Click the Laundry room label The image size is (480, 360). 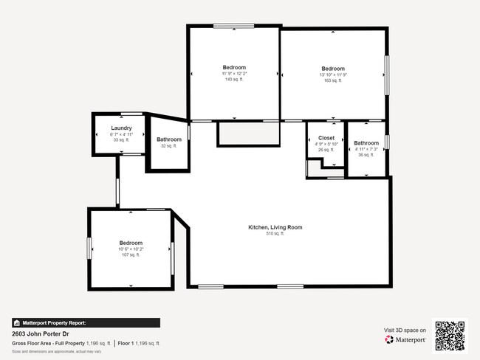(121, 128)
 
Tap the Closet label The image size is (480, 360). (326, 138)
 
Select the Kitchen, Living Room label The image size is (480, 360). (275, 227)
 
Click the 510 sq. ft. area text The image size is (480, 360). (275, 234)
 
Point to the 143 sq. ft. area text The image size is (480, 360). (233, 80)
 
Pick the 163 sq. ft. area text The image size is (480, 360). (332, 80)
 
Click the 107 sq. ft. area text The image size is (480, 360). (131, 255)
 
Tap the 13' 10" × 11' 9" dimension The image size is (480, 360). (332, 75)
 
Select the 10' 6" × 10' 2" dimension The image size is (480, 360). (131, 249)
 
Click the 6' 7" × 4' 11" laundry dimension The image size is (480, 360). (121, 134)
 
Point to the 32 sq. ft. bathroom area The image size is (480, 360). (169, 146)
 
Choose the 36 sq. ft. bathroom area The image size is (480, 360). (366, 155)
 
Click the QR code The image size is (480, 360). (450, 336)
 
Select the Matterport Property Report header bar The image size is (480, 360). (86, 322)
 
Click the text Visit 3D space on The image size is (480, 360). (405, 330)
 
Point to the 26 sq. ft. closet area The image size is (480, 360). (326, 150)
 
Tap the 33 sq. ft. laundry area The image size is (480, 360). (121, 139)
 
